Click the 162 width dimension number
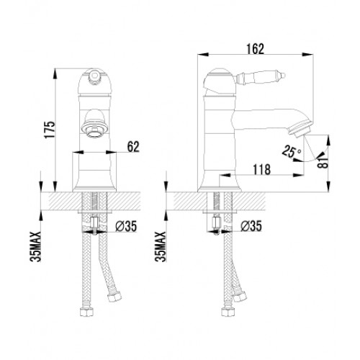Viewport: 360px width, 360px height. tap(255, 49)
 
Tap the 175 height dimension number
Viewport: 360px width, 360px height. tap(50, 130)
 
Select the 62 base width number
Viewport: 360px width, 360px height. tap(133, 147)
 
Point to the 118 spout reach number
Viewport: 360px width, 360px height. tap(262, 169)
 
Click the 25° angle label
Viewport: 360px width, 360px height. tap(291, 151)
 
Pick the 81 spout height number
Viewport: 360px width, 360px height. tap(323, 163)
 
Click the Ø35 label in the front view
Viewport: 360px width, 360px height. tap(126, 226)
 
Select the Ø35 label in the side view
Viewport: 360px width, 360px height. tap(251, 226)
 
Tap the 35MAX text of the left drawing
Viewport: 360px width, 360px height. tap(35, 246)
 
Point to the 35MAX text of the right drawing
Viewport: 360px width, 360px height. tap(161, 246)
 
